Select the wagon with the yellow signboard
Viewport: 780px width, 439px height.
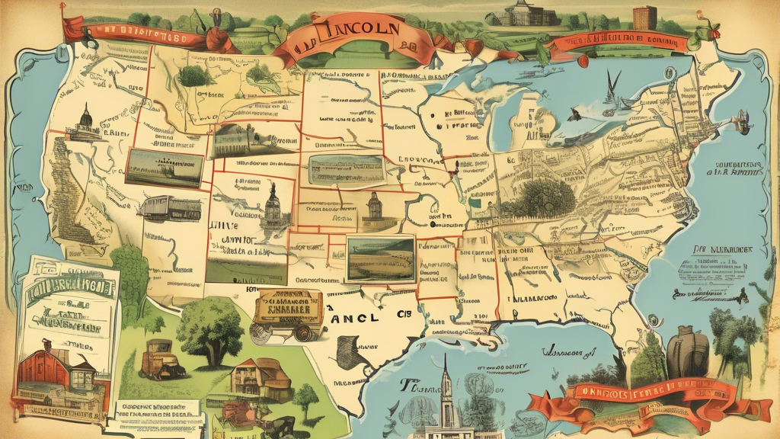292,310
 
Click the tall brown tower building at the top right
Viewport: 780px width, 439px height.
644,18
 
